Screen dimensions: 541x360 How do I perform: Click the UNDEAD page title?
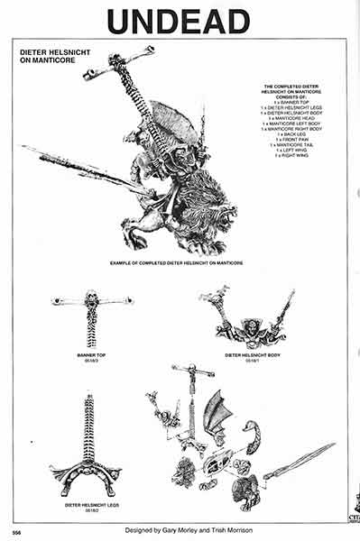[x=179, y=19]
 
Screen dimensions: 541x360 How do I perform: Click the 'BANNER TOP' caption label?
[x=91, y=355]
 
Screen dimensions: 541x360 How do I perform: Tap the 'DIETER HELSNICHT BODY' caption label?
[x=245, y=355]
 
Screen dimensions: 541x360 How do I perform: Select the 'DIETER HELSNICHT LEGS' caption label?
[x=89, y=505]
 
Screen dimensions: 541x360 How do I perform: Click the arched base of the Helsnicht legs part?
[x=88, y=471]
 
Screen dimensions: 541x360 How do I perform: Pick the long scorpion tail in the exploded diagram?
[x=298, y=460]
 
